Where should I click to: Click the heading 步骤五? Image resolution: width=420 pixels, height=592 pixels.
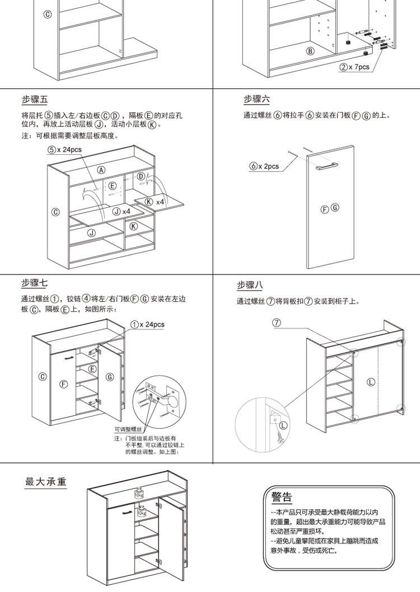[35, 100]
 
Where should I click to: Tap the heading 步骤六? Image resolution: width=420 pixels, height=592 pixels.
[256, 100]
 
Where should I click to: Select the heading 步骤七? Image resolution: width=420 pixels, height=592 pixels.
[35, 283]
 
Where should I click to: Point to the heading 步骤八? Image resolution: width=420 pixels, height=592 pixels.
[250, 285]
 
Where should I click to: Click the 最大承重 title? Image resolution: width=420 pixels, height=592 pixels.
[46, 481]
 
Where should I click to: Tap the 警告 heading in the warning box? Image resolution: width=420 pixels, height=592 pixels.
[281, 498]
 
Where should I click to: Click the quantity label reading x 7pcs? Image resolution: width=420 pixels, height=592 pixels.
[354, 67]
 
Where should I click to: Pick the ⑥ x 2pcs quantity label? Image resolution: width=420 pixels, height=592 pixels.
[264, 167]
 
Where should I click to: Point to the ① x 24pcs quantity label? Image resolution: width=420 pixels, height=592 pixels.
[147, 324]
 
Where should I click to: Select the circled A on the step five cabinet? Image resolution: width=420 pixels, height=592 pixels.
[101, 170]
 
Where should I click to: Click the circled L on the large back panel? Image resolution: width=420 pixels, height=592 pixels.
[371, 382]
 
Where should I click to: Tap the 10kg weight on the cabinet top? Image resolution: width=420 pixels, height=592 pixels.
[138, 493]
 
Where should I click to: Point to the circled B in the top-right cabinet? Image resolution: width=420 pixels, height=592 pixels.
[309, 51]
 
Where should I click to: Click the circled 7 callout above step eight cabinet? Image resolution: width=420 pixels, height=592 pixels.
[276, 323]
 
